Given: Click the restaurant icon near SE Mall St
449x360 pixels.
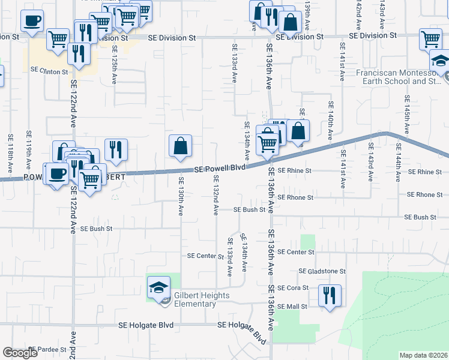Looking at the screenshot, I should [330, 295].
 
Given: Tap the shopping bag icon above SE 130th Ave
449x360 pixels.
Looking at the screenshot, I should [180, 146].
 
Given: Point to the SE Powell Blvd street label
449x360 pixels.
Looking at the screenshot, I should [219, 170].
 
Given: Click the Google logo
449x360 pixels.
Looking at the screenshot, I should [20, 353].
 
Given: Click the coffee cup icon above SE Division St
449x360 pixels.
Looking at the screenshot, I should [32, 20].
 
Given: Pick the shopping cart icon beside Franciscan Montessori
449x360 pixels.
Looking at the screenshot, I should [431, 39].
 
